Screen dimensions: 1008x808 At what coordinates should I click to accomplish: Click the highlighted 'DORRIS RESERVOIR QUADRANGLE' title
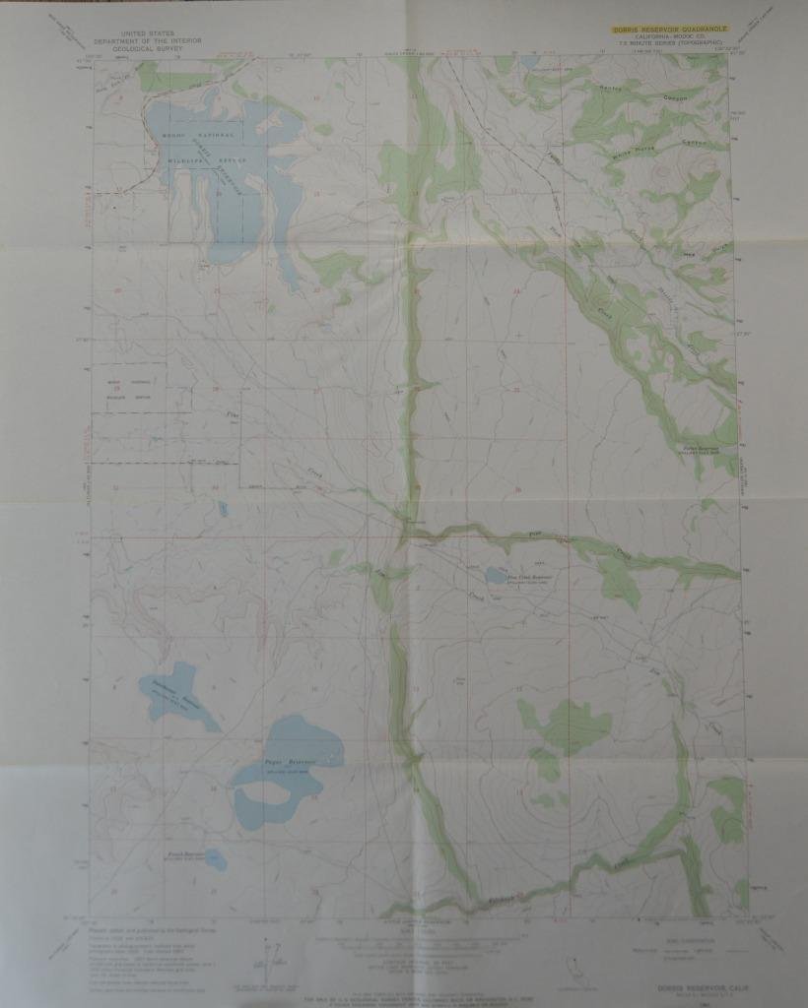670,31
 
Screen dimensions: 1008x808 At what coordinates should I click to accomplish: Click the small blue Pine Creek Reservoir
492,575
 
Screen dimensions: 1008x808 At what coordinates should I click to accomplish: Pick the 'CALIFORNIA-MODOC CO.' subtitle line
670,39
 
